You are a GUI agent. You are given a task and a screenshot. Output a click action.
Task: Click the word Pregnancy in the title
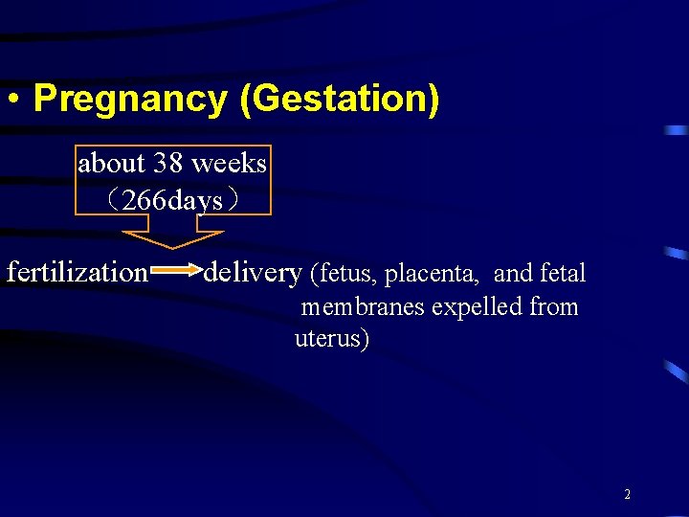tap(130, 100)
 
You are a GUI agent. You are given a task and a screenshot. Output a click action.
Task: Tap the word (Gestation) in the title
tap(340, 100)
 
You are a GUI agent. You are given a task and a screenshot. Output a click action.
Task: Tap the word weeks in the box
tap(229, 164)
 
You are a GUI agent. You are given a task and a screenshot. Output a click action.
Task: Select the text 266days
tap(173, 200)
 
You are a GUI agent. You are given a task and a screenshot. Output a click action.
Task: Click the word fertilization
tap(77, 272)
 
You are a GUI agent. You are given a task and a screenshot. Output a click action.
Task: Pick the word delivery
tap(252, 272)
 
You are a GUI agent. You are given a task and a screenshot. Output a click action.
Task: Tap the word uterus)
tap(331, 339)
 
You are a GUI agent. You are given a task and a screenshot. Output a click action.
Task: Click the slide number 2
tap(627, 495)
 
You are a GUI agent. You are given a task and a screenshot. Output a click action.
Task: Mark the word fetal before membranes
tap(563, 274)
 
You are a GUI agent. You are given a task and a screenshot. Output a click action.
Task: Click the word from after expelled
tap(554, 307)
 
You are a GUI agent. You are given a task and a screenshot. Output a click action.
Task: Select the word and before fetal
tap(513, 274)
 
